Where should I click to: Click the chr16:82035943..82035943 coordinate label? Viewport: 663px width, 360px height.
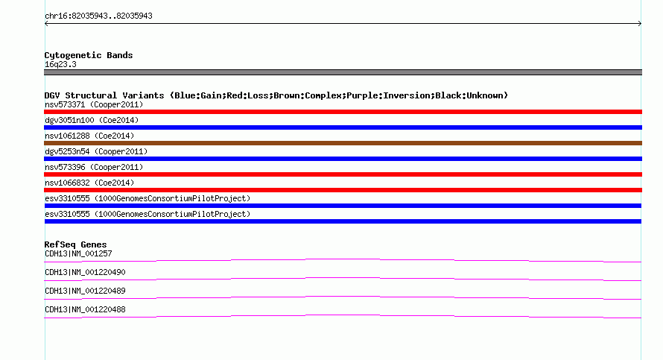pos(98,16)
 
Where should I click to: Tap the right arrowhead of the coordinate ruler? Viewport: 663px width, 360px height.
pos(640,24)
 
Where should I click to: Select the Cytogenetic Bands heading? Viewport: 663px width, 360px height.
pos(89,55)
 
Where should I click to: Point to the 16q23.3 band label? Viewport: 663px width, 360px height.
pos(60,64)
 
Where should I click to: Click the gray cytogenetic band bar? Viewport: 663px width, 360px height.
pos(343,72)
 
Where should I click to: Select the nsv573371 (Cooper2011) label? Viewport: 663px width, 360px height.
pos(94,104)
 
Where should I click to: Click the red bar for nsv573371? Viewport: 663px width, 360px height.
pos(343,112)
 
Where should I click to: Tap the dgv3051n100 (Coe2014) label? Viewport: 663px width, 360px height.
pos(92,120)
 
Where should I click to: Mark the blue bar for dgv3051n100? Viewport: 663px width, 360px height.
pos(343,127)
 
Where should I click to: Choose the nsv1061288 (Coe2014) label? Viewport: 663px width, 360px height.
pos(89,136)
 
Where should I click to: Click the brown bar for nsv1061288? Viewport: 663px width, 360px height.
pos(343,143)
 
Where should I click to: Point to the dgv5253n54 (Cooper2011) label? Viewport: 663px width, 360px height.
pos(96,151)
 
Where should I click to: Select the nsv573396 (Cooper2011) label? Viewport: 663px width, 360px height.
pos(94,167)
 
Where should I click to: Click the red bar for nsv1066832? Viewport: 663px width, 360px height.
pos(343,190)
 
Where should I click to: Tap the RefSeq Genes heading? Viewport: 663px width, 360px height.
pos(75,244)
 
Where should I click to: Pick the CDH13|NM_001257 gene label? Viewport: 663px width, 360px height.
pos(78,254)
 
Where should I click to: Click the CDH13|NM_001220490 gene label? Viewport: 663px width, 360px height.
pos(85,273)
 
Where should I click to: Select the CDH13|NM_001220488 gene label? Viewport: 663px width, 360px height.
pos(85,309)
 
